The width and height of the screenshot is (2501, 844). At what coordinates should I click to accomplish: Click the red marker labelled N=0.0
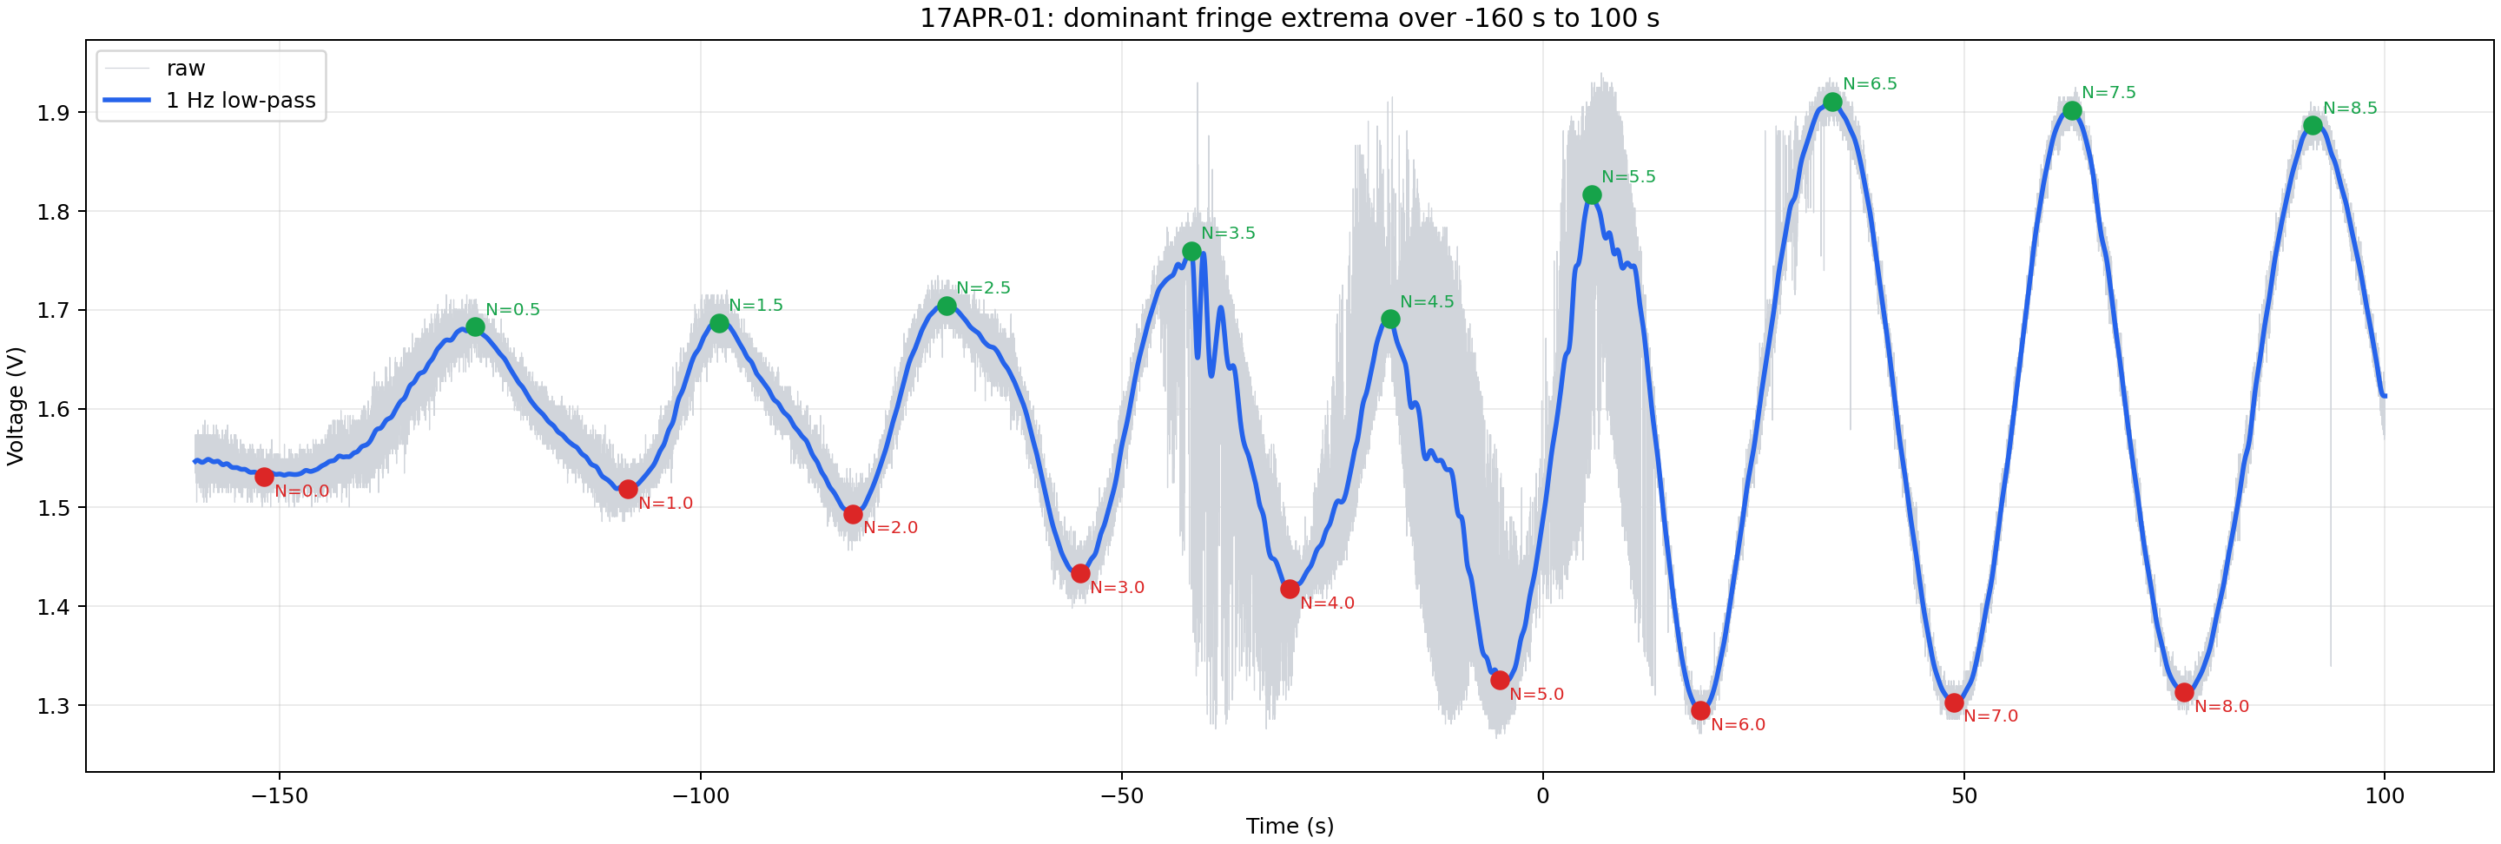264,477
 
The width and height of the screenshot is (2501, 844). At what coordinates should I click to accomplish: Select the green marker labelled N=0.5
475,326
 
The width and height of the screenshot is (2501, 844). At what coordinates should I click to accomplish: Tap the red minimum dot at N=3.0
1080,574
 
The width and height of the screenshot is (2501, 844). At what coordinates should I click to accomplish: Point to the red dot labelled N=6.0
1700,711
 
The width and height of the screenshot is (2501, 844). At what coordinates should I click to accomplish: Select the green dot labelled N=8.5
2313,125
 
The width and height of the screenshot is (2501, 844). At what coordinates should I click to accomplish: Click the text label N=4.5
1426,302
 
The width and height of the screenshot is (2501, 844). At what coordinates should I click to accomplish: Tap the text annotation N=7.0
1990,715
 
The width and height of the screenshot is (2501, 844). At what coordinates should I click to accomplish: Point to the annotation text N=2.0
890,527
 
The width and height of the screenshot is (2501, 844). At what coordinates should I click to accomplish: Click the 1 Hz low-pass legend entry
241,100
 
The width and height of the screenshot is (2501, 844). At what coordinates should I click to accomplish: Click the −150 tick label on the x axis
280,796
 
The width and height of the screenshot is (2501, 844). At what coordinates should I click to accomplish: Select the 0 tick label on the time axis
1543,796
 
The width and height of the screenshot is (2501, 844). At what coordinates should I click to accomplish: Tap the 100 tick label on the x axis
2385,796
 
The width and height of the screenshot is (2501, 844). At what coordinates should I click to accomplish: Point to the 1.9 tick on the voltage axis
52,113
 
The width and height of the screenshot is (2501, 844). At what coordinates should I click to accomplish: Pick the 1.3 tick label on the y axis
52,706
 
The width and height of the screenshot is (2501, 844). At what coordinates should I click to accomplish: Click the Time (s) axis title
1290,826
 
